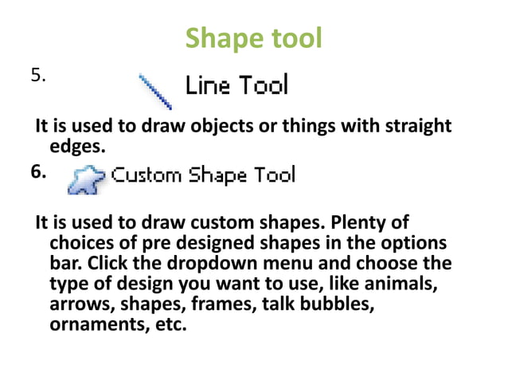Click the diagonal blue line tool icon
tap(156, 91)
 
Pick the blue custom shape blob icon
tap(83, 180)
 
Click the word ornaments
tap(94, 325)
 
